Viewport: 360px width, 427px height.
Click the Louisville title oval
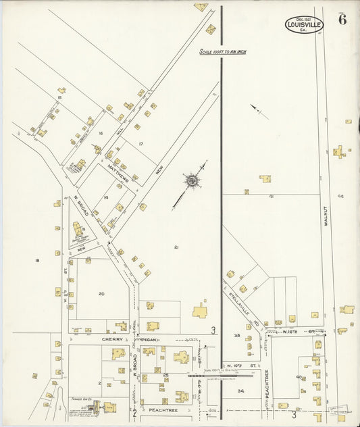pyautogui.click(x=304, y=24)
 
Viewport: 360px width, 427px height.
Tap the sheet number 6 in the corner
pyautogui.click(x=343, y=19)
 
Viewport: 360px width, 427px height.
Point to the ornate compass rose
pyautogui.click(x=192, y=180)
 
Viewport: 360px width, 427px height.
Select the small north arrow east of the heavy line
pyautogui.click(x=258, y=111)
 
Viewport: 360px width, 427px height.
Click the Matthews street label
pyautogui.click(x=117, y=172)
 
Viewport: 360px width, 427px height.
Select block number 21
pyautogui.click(x=176, y=247)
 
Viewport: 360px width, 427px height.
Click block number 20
pyautogui.click(x=101, y=293)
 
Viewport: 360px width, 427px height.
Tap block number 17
pyautogui.click(x=140, y=145)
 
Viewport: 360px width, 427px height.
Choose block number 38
pyautogui.click(x=237, y=335)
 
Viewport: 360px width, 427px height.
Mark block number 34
pyautogui.click(x=241, y=391)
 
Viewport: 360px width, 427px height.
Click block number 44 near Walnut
pyautogui.click(x=340, y=196)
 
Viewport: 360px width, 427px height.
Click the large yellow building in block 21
pyautogui.click(x=201, y=311)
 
